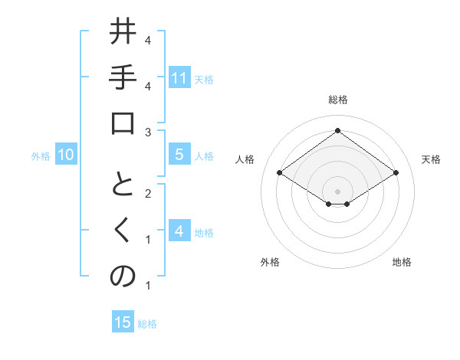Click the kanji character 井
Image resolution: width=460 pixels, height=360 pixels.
(x=123, y=34)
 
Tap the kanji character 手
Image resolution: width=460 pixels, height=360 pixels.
(x=123, y=79)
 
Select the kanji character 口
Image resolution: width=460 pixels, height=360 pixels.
(x=123, y=124)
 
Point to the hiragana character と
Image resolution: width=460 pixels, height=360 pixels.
(x=123, y=186)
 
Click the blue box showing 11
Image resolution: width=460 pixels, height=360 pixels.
(x=179, y=78)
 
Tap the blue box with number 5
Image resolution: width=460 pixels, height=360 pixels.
(x=179, y=155)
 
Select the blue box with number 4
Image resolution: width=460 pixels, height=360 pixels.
(x=179, y=231)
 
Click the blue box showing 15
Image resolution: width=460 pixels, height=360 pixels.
(x=123, y=322)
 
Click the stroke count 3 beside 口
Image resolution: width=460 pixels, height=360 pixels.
(x=147, y=133)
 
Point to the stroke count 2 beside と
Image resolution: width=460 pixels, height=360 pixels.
(x=147, y=194)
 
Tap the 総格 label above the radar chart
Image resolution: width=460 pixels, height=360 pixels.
(x=337, y=100)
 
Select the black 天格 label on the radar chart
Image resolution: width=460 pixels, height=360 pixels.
(x=431, y=159)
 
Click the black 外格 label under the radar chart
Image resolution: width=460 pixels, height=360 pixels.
(x=270, y=262)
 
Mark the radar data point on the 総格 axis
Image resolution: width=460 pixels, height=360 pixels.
(x=337, y=130)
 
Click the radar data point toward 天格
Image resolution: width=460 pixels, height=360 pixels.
(x=396, y=173)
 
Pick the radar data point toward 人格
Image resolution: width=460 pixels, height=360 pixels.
(x=280, y=173)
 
